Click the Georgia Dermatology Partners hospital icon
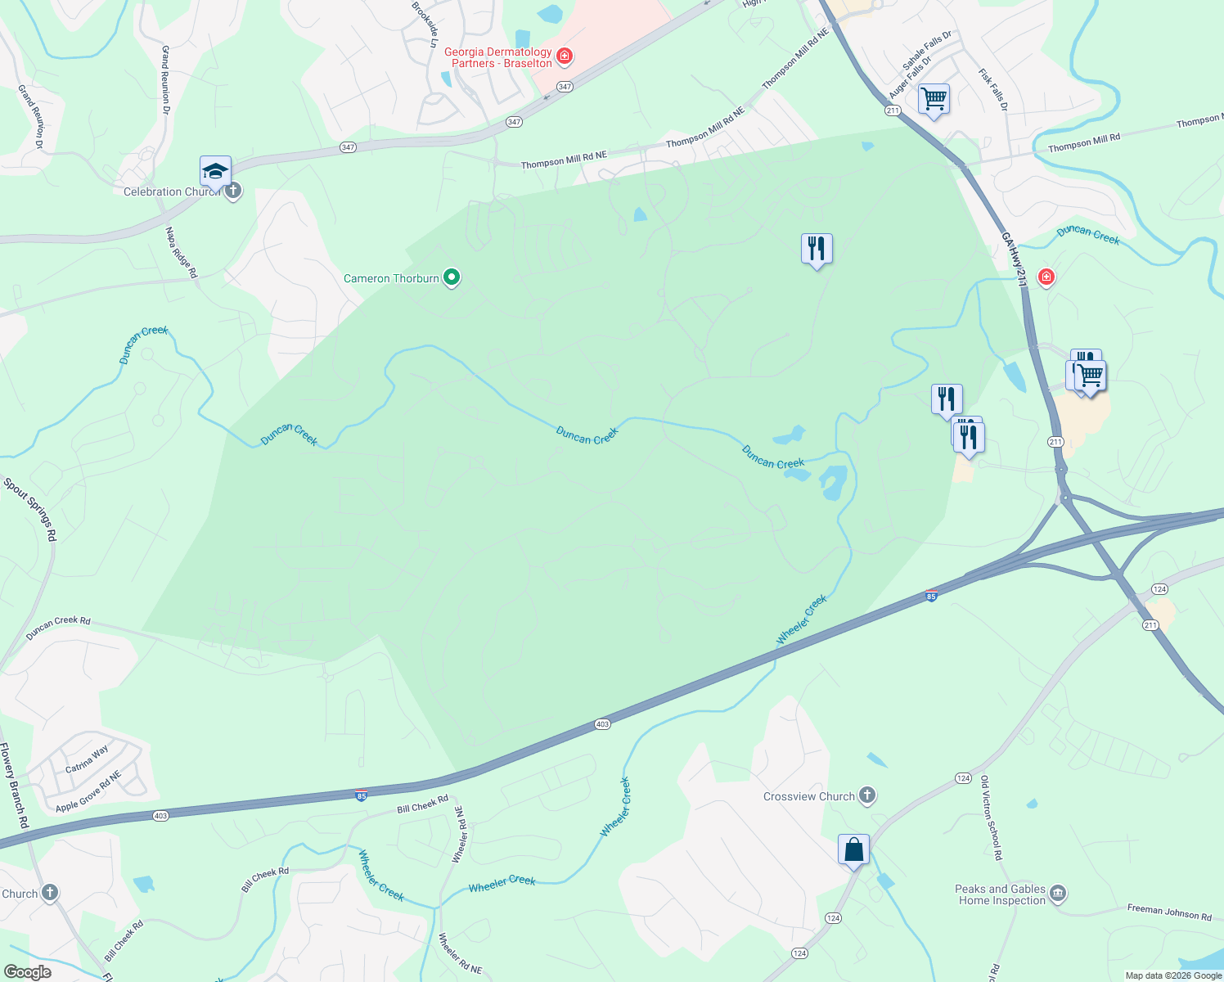pyautogui.click(x=564, y=56)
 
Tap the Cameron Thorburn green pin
pyautogui.click(x=451, y=278)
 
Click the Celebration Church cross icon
pyautogui.click(x=233, y=191)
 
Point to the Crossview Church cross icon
pyautogui.click(x=867, y=795)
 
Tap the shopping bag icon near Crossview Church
pyautogui.click(x=853, y=850)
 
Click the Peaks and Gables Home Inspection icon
pyautogui.click(x=1057, y=893)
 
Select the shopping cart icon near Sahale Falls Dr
pyautogui.click(x=934, y=99)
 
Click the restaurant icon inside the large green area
pyautogui.click(x=817, y=249)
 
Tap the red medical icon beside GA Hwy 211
pyautogui.click(x=1046, y=277)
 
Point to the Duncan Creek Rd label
pyautogui.click(x=58, y=627)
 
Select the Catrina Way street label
pyautogui.click(x=87, y=760)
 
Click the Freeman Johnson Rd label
pyautogui.click(x=1169, y=912)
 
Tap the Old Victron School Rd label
pyautogui.click(x=991, y=818)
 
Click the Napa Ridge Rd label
pyautogui.click(x=182, y=252)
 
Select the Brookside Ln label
pyautogui.click(x=424, y=25)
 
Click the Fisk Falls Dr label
pyautogui.click(x=992, y=89)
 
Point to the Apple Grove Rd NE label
pyautogui.click(x=88, y=791)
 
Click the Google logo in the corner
pyautogui.click(x=27, y=971)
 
